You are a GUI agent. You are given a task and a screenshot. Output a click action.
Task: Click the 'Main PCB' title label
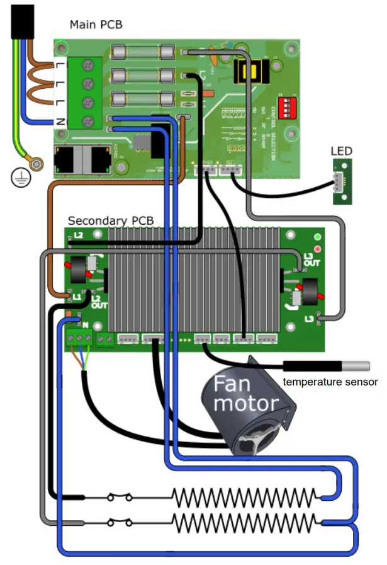[96, 25]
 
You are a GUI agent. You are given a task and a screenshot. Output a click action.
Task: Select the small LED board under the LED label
[343, 181]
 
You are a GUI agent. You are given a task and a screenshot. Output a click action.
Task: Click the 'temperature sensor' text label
[330, 382]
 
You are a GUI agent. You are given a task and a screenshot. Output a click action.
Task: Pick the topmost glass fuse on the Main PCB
[142, 51]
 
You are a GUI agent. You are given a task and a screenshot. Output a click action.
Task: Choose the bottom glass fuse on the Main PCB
[142, 99]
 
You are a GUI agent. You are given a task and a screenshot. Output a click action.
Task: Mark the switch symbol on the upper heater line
[120, 498]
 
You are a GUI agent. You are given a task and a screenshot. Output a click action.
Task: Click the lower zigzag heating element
[245, 522]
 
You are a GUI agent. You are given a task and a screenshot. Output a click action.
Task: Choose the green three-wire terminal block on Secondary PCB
[79, 339]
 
